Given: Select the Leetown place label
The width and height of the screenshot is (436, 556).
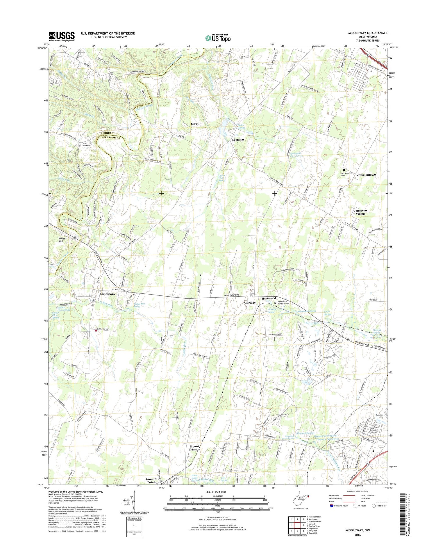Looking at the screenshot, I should pyautogui.click(x=238, y=140).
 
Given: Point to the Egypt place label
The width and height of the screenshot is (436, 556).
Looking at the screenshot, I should pyautogui.click(x=195, y=124).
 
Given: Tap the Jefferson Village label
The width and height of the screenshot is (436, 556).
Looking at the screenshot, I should pyautogui.click(x=360, y=212).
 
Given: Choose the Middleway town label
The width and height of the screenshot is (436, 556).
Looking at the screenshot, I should pyautogui.click(x=108, y=294).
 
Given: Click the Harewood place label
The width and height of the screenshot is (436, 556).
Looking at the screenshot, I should pyautogui.click(x=268, y=298).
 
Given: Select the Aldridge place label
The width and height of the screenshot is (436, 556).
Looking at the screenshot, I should pyautogui.click(x=249, y=303).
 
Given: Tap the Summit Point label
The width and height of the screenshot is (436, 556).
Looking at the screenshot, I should pyautogui.click(x=151, y=480).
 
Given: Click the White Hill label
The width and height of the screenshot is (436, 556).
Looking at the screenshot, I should pyautogui.click(x=62, y=240).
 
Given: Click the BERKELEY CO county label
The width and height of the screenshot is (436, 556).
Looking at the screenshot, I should pyautogui.click(x=110, y=133).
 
